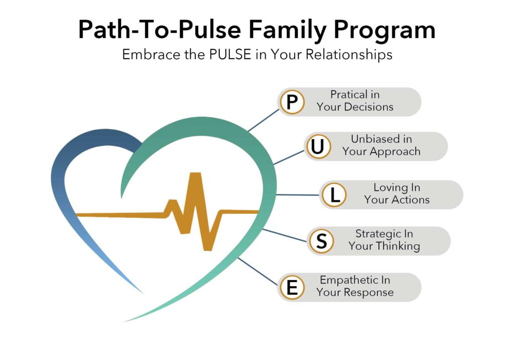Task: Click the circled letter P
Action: [x=292, y=102]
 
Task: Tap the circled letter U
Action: [x=318, y=147]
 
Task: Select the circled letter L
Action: [x=334, y=195]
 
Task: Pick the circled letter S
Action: [x=321, y=241]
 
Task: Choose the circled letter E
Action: [x=292, y=287]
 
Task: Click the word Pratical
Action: [x=349, y=94]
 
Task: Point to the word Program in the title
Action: [x=384, y=30]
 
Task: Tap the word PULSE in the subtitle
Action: [x=230, y=54]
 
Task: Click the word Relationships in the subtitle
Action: [x=349, y=55]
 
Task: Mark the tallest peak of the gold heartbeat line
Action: [x=195, y=174]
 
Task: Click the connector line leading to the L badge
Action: [x=298, y=195]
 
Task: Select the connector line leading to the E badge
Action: [x=258, y=272]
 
